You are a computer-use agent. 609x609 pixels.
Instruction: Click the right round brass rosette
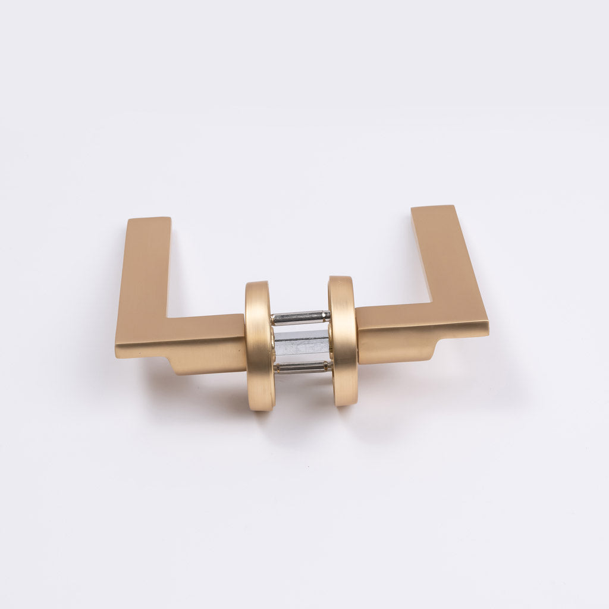(x=343, y=341)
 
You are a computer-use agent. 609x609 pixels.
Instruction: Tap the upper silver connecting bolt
(x=300, y=318)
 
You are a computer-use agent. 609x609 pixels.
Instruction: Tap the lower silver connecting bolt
(x=302, y=366)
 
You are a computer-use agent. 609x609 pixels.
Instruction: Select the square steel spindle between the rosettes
(x=302, y=344)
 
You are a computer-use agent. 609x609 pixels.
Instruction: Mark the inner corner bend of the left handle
(x=167, y=317)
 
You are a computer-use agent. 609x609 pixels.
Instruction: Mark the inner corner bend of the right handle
(x=433, y=303)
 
